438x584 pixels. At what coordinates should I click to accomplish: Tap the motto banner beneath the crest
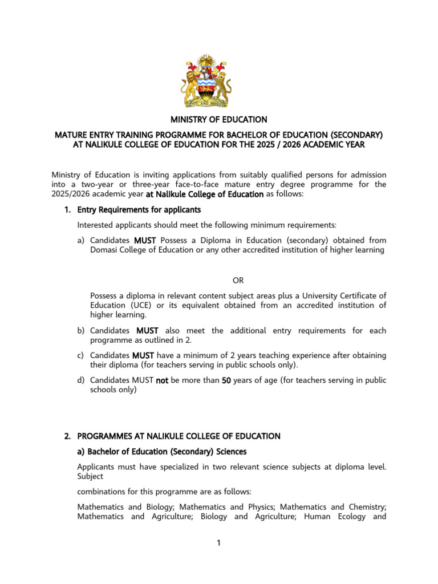(x=206, y=103)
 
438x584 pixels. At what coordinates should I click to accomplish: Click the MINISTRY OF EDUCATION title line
(x=219, y=120)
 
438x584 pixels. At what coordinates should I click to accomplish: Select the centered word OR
(x=238, y=280)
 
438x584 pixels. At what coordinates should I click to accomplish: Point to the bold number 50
(x=226, y=380)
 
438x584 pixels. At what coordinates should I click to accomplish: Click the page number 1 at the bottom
(x=218, y=542)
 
